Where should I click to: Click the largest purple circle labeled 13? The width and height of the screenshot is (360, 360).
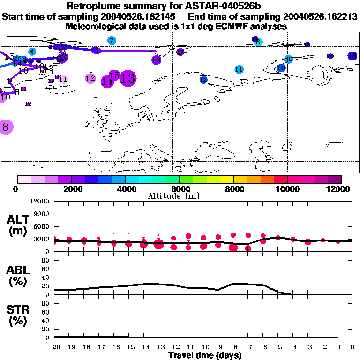128,78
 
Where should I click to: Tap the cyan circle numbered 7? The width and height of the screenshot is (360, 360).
112,40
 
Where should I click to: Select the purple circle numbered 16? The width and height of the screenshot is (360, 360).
156,60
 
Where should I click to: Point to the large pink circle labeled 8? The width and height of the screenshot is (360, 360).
6,127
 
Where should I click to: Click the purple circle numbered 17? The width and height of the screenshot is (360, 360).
180,52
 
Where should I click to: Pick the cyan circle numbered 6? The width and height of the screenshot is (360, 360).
32,52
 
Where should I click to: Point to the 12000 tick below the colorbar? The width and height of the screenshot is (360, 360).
338,189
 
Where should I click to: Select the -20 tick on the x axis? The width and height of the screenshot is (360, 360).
54,347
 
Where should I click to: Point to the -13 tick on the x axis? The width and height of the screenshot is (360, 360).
159,347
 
